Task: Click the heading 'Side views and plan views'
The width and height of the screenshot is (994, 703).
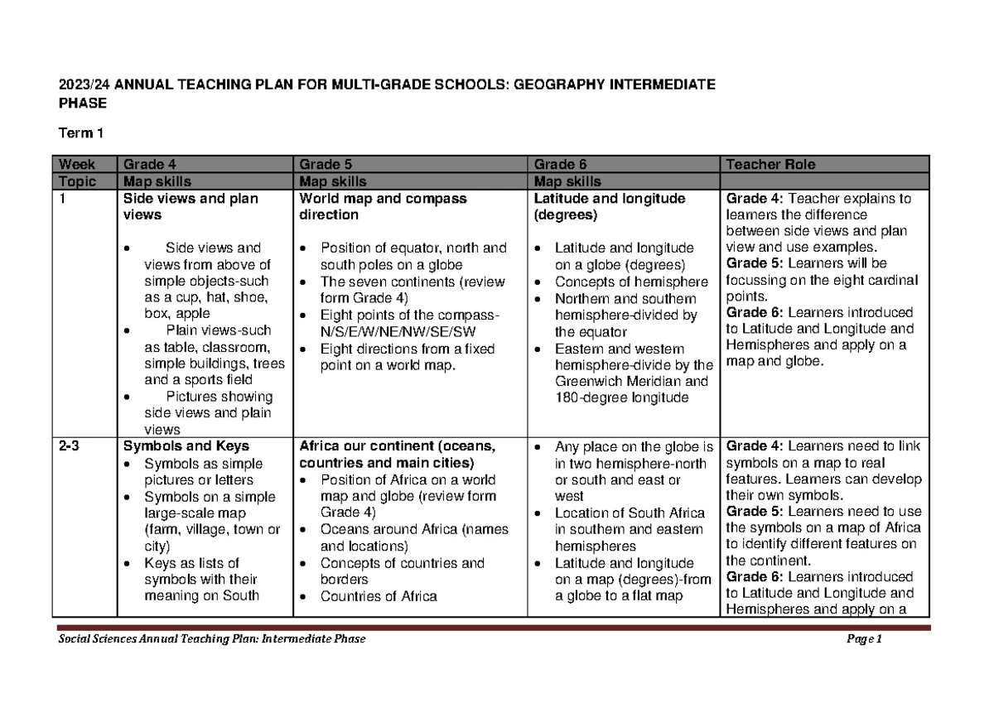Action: (191, 206)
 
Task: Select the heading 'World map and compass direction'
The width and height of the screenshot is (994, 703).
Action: (383, 206)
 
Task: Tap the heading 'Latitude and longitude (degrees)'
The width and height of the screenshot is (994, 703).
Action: (609, 206)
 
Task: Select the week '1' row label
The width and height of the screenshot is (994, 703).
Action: (61, 199)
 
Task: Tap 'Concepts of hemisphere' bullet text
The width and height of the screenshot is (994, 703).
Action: (625, 282)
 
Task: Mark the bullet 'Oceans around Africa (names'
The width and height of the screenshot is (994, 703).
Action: (414, 530)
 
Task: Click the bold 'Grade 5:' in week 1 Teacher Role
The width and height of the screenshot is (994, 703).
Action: (751, 263)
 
